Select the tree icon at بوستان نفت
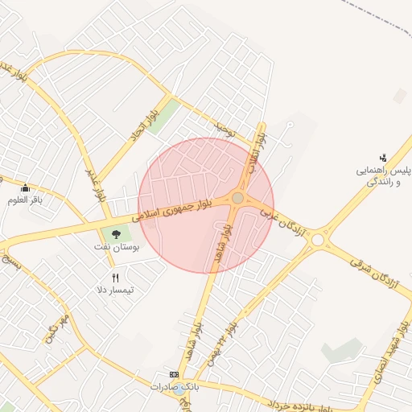[117, 235]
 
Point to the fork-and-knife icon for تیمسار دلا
[115, 278]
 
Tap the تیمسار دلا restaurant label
[115, 289]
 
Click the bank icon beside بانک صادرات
[174, 375]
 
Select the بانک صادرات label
[173, 387]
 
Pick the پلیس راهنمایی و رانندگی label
[384, 176]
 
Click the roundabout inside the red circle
[238, 198]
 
